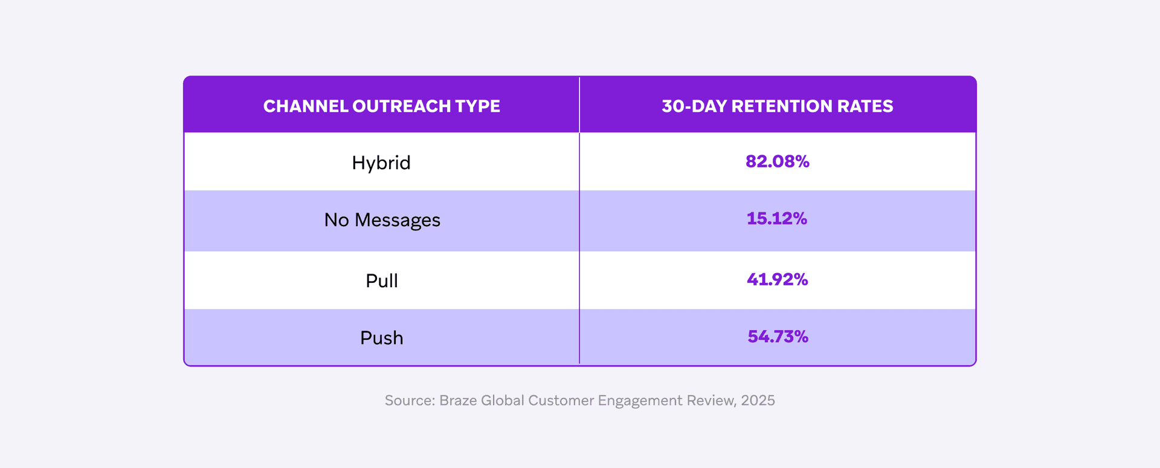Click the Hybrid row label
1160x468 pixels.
(x=381, y=163)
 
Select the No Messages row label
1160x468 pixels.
(x=382, y=220)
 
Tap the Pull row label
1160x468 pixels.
(x=381, y=281)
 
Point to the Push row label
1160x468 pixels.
(x=381, y=337)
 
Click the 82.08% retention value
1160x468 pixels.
(x=777, y=161)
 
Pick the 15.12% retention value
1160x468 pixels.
(x=777, y=219)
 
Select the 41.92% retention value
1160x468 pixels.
(x=777, y=279)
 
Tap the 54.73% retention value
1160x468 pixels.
(x=778, y=337)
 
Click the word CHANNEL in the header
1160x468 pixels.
(x=306, y=106)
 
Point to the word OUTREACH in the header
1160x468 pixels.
(x=401, y=106)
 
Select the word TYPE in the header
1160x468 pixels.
(x=477, y=106)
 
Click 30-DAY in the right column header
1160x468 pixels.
(x=694, y=106)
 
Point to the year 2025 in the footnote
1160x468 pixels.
(x=758, y=400)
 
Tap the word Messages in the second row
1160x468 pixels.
(x=398, y=220)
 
